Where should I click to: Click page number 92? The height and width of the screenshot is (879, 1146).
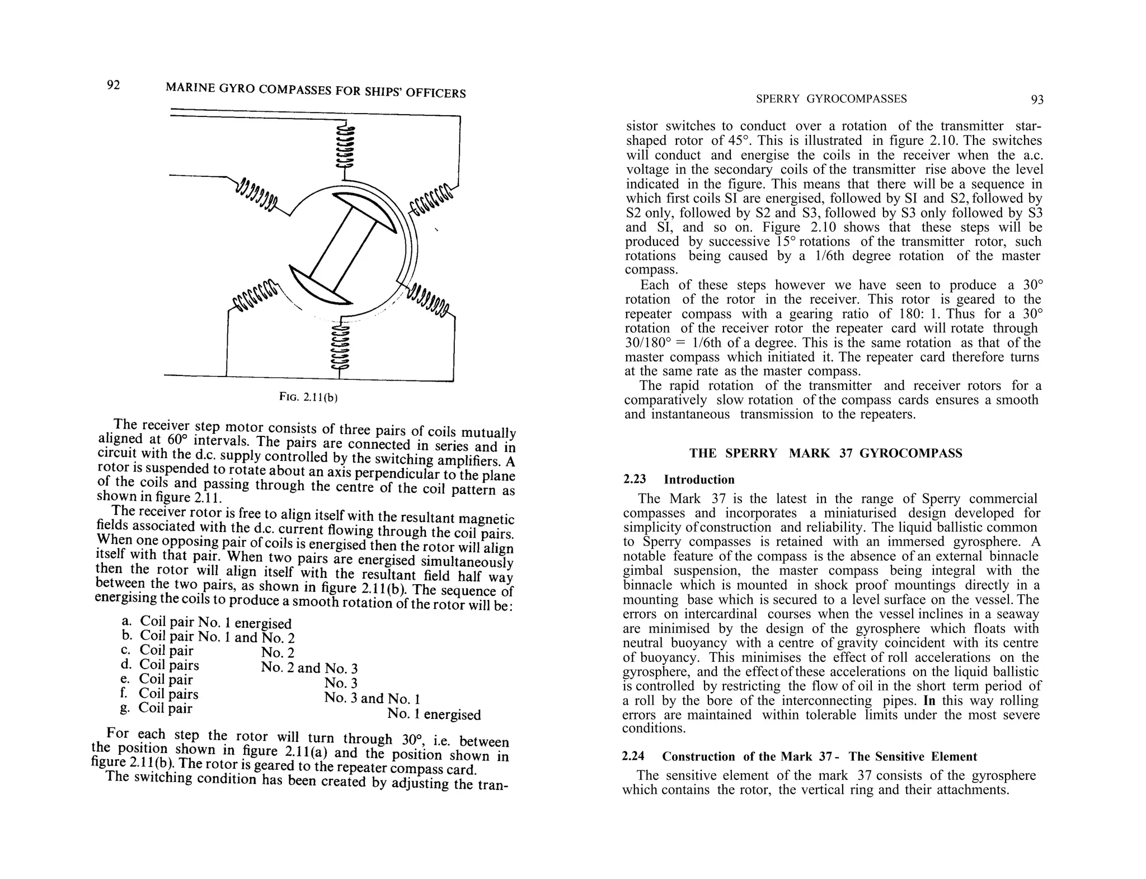(x=113, y=85)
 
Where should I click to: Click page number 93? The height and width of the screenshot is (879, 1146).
(x=1037, y=100)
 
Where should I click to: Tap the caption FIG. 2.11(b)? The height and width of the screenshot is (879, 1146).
(x=309, y=397)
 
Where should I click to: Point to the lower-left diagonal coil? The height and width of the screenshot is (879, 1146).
(x=255, y=293)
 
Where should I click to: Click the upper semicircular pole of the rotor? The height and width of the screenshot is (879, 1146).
(x=367, y=210)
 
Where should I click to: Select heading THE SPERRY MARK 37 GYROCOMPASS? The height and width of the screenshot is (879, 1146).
(x=825, y=453)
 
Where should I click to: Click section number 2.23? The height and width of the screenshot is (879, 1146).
(x=634, y=480)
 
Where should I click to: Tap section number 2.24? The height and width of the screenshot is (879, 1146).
(x=633, y=756)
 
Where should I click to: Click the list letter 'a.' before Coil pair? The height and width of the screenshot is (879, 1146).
(x=126, y=621)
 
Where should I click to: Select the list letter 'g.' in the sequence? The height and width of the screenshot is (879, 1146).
(x=125, y=707)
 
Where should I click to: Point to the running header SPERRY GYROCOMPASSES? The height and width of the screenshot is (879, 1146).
(x=831, y=99)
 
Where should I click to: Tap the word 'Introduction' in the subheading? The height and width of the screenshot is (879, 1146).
(x=699, y=480)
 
